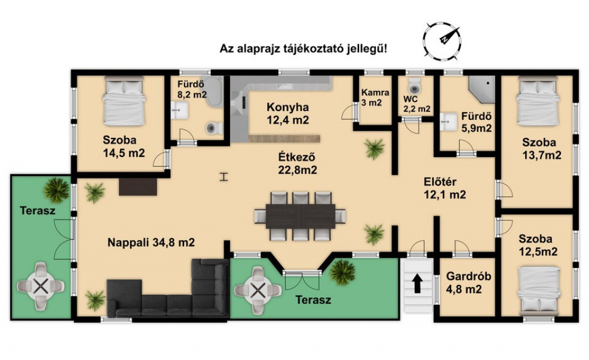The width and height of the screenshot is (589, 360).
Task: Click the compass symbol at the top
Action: point(442,40)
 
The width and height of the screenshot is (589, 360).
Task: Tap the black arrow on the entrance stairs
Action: point(418,283)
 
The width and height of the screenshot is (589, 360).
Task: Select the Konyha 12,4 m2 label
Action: point(288,113)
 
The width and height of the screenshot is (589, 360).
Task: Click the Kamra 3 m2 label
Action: point(375,97)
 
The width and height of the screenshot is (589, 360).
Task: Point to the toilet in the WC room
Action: point(415,86)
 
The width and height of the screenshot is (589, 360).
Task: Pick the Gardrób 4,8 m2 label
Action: point(468,283)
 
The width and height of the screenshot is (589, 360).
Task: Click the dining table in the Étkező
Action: point(300,216)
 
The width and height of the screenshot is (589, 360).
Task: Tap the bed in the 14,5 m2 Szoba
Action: point(124,101)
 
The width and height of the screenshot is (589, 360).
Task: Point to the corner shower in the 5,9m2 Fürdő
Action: point(482,89)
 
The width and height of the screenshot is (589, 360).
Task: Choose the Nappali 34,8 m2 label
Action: point(151,243)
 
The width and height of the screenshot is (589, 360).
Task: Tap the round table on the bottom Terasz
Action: point(258,290)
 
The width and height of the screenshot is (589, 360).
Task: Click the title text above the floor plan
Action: point(303,49)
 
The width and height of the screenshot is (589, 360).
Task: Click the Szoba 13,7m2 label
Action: point(542,148)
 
